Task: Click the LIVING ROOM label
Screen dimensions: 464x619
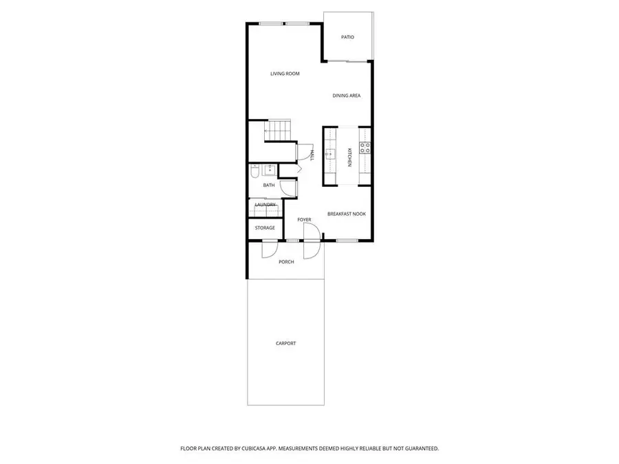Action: (284, 74)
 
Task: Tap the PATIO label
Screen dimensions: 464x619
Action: (347, 36)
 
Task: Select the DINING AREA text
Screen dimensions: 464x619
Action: (347, 96)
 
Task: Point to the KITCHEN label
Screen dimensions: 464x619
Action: (349, 157)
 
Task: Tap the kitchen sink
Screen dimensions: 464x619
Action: (330, 154)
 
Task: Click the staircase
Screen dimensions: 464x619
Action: (279, 129)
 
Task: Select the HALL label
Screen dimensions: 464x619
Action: (312, 155)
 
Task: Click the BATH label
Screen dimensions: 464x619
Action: (268, 185)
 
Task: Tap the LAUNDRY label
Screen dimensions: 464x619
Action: (265, 205)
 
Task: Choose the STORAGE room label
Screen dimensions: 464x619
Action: (265, 228)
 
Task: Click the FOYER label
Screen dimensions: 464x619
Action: (304, 220)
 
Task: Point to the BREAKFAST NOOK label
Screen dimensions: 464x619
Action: (346, 214)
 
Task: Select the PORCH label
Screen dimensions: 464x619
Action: (286, 262)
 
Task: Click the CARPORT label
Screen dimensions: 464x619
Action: (285, 343)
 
